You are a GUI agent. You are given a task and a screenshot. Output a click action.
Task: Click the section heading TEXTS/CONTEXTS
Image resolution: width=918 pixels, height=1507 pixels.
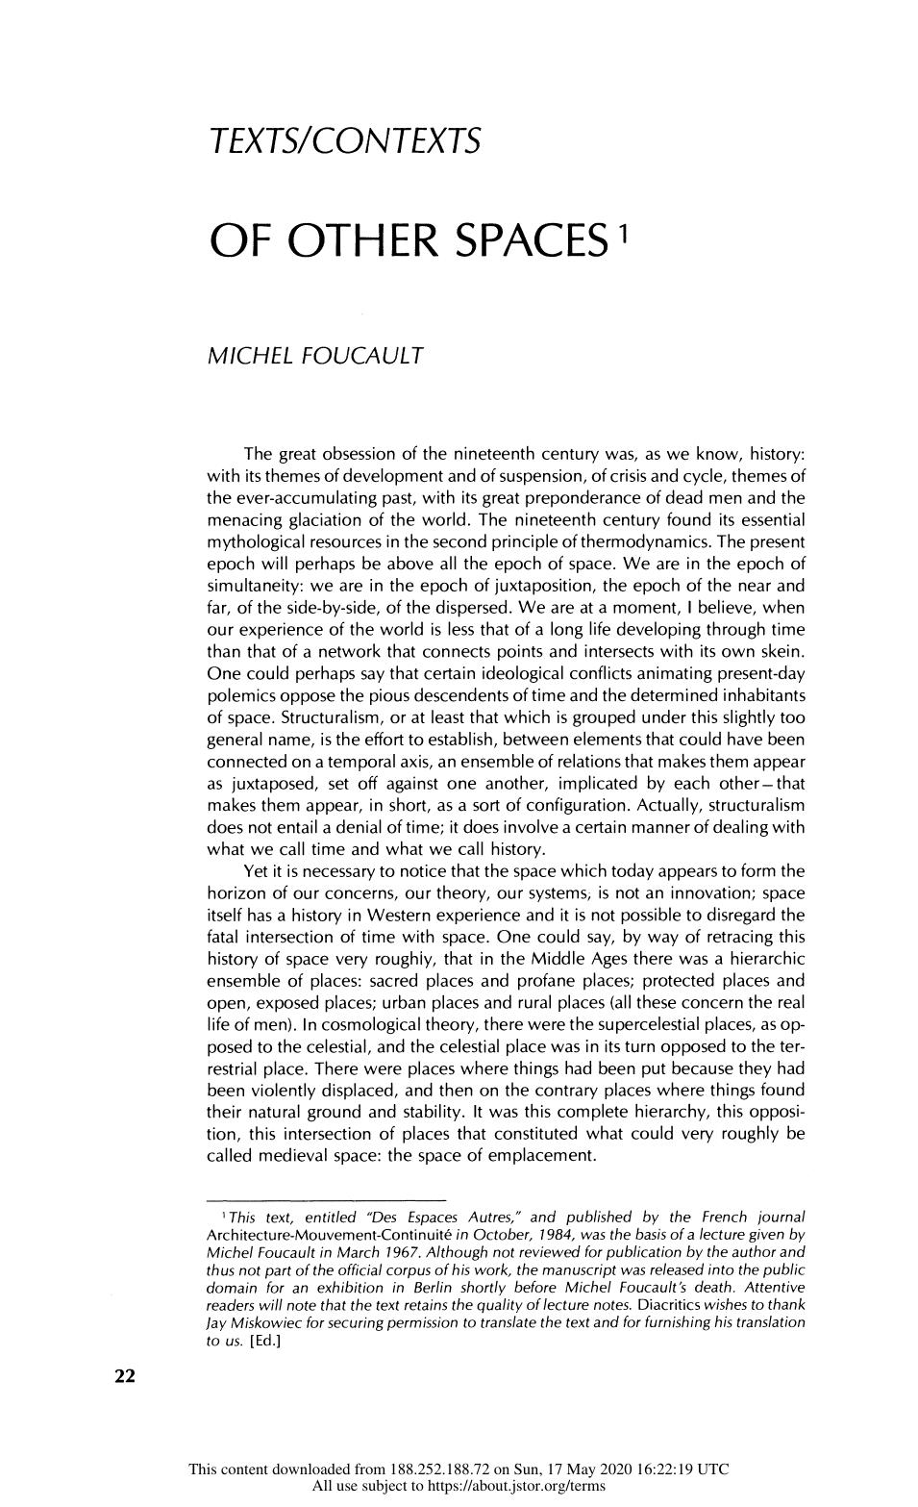tap(343, 142)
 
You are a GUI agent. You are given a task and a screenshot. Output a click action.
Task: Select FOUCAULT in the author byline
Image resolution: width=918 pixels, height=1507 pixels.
tap(361, 357)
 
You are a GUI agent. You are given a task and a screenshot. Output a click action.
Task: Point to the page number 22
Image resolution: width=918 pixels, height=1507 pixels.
tap(125, 1376)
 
